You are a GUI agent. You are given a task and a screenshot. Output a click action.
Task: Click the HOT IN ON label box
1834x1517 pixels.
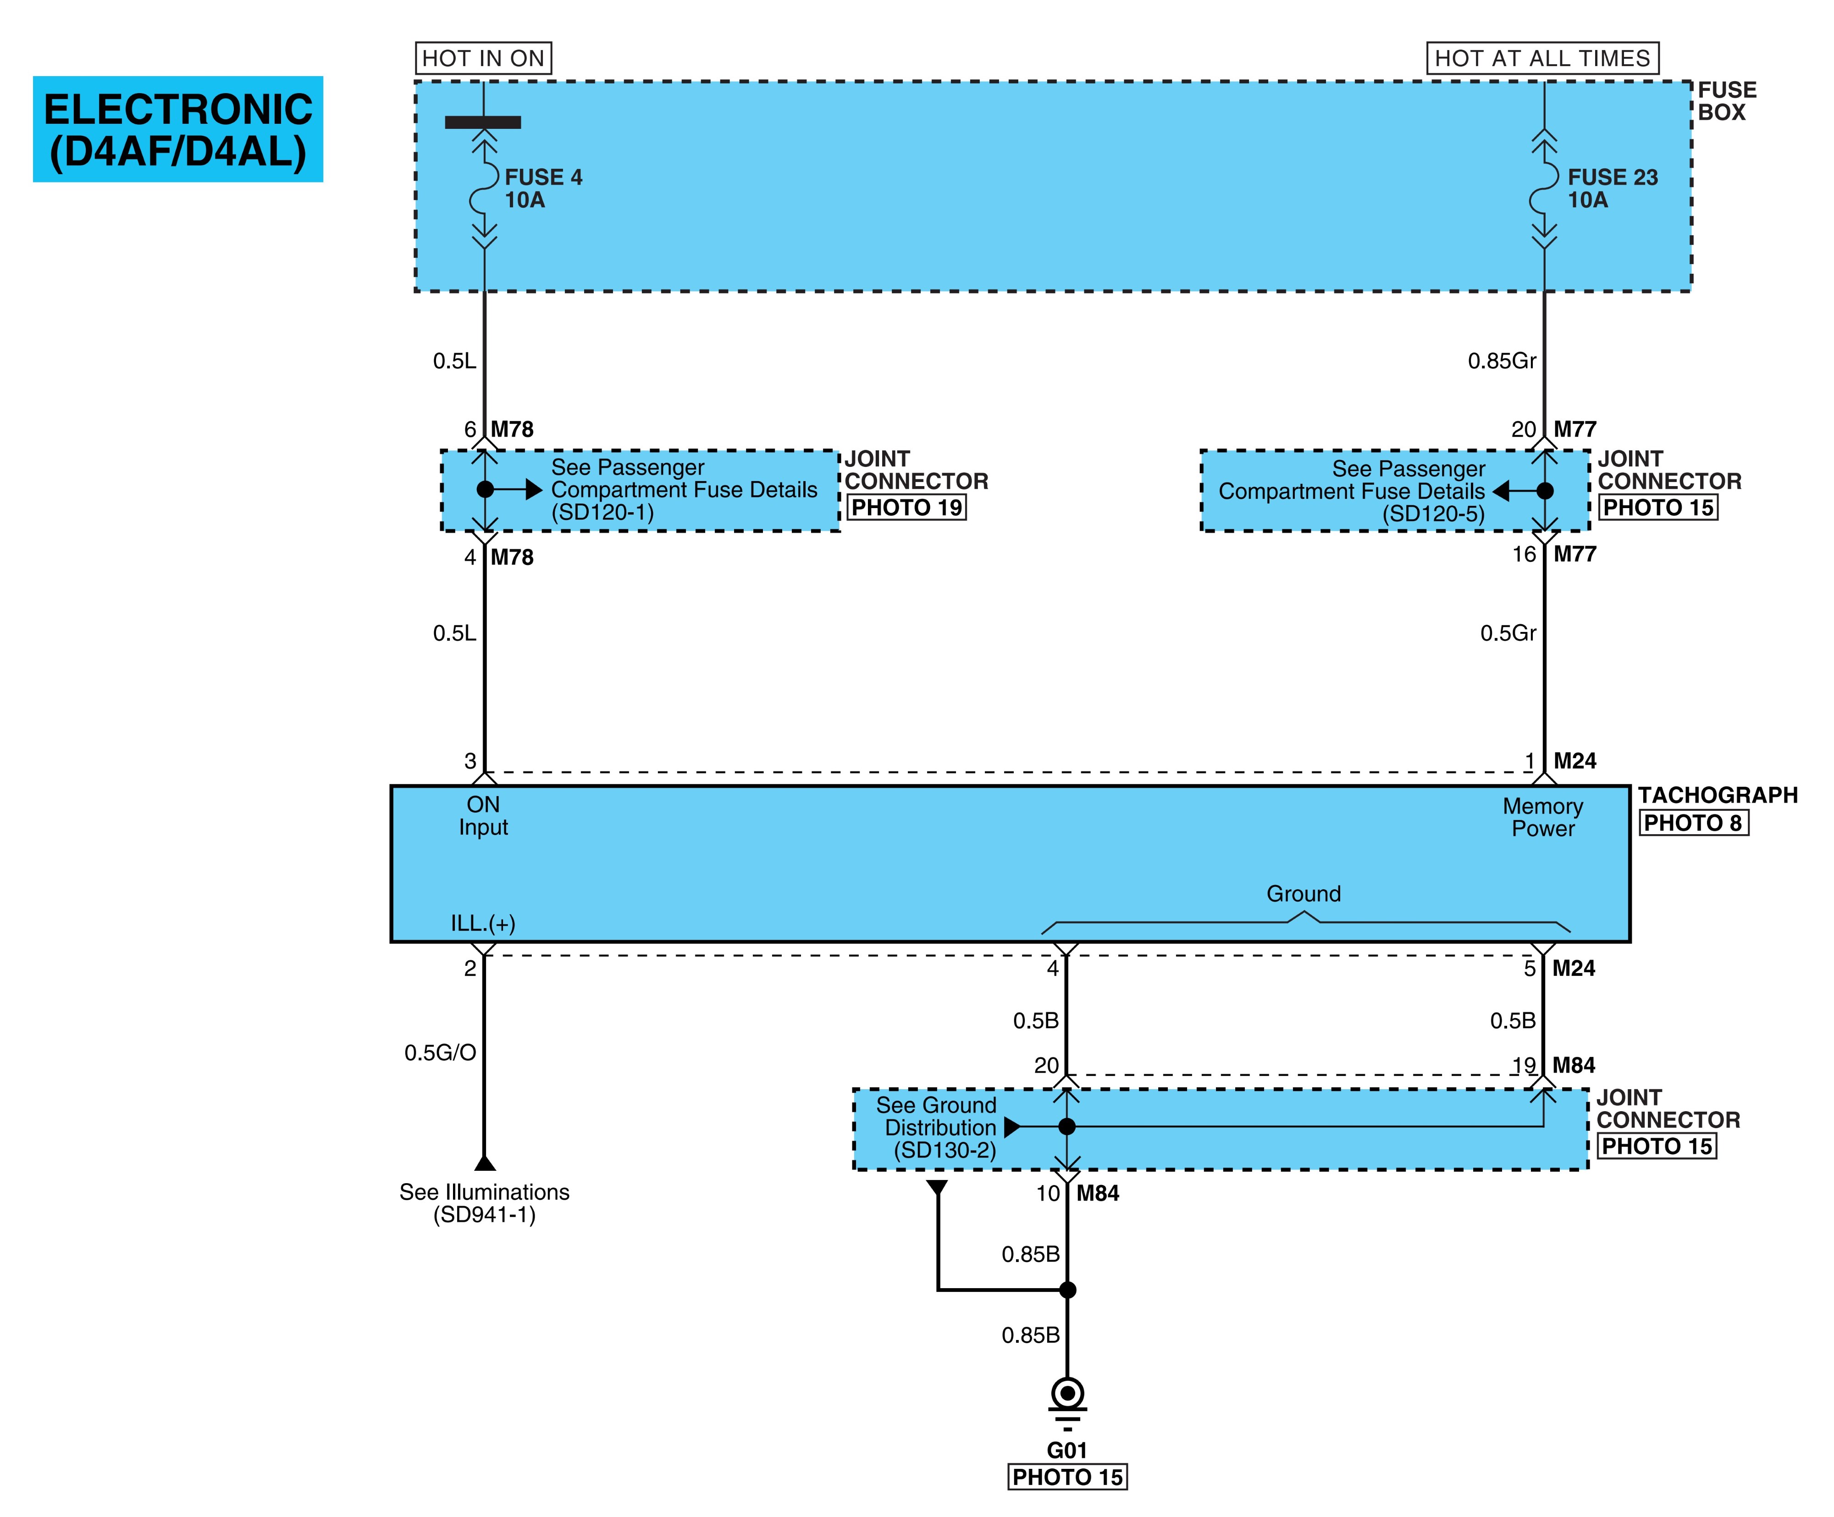click(483, 59)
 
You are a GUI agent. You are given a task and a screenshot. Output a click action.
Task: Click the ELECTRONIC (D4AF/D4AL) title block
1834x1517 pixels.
click(178, 129)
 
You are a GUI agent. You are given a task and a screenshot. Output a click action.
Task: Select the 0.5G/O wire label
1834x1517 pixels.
click(440, 1052)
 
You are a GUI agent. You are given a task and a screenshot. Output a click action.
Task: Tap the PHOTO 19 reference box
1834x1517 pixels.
click(906, 507)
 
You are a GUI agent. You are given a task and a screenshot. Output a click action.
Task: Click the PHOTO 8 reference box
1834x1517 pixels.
click(1693, 823)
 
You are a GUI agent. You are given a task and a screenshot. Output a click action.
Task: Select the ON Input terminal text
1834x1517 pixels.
click(483, 816)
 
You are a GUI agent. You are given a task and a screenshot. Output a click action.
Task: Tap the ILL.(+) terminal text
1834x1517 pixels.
click(483, 923)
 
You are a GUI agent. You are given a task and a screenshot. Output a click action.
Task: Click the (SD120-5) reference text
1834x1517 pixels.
click(1433, 515)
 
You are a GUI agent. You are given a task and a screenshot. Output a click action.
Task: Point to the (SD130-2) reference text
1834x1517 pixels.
click(944, 1150)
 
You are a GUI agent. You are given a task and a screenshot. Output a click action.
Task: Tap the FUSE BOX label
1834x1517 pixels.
click(1727, 101)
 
